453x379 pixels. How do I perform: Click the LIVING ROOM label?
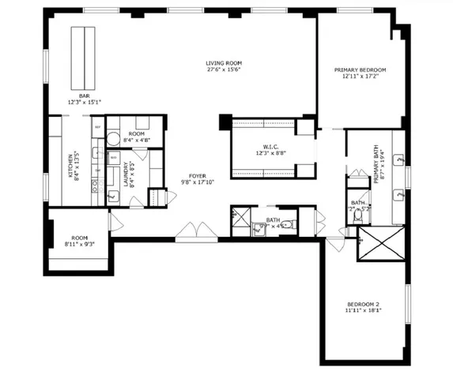(x=223, y=63)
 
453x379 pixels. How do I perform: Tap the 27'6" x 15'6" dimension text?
(x=223, y=71)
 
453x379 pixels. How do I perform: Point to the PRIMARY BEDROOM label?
(x=361, y=69)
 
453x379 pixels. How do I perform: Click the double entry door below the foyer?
(x=196, y=231)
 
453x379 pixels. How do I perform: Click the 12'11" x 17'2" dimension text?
(x=361, y=77)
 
